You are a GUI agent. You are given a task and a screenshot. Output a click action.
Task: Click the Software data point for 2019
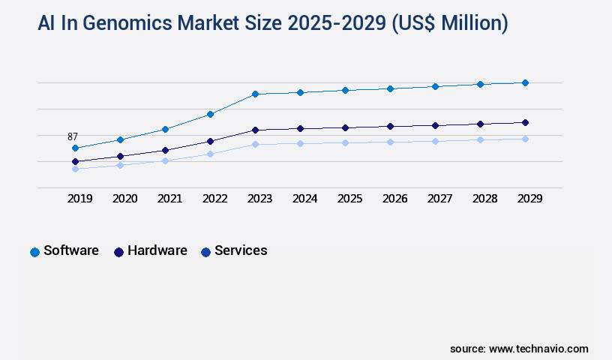pos(75,148)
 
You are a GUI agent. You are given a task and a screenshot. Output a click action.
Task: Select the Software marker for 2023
pos(255,94)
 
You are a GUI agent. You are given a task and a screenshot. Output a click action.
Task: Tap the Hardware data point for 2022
pos(210,141)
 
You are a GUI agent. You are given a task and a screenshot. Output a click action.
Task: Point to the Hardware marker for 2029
pos(525,122)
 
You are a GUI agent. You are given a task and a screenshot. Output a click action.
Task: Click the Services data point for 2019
pos(75,169)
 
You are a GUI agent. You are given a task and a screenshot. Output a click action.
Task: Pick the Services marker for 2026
pos(390,142)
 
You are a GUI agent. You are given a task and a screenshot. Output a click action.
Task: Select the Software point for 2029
pos(525,82)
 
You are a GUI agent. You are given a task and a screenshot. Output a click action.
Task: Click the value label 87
pos(73,136)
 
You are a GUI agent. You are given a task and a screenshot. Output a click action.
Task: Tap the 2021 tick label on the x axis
pos(169,199)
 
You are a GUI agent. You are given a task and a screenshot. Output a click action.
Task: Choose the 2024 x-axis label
pos(304,199)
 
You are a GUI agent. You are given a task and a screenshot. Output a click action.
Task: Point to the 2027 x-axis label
pos(439,199)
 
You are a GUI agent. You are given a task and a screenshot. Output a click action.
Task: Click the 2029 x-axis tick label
pos(529,199)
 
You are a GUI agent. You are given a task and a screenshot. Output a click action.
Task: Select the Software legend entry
pos(70,250)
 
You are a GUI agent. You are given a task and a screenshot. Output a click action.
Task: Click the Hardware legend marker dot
pos(118,252)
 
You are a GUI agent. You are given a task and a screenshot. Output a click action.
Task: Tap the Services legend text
pos(241,250)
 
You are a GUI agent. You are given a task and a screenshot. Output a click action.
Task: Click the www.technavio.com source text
pos(538,349)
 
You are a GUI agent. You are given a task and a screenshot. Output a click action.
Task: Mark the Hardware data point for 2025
pos(345,127)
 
